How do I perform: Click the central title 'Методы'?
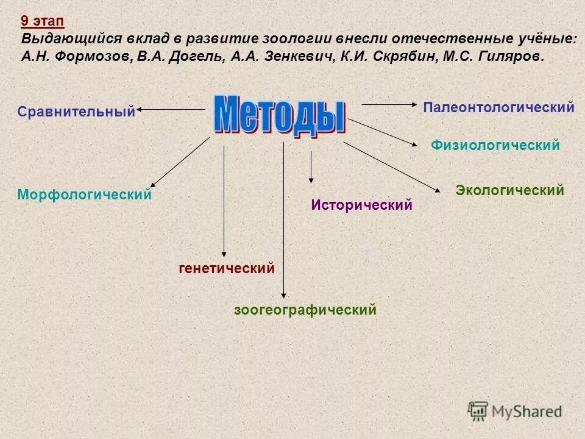(280, 114)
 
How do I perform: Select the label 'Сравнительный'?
(76, 112)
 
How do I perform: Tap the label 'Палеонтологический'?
(498, 108)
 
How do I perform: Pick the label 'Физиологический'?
(495, 146)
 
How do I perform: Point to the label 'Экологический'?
(509, 190)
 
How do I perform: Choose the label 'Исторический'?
(361, 205)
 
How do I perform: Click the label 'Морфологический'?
(84, 195)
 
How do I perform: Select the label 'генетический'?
(226, 268)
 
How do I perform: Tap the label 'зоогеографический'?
(305, 310)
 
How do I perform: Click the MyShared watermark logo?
(515, 410)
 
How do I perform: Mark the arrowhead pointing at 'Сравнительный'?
(140, 109)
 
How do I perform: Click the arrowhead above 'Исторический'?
(311, 180)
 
